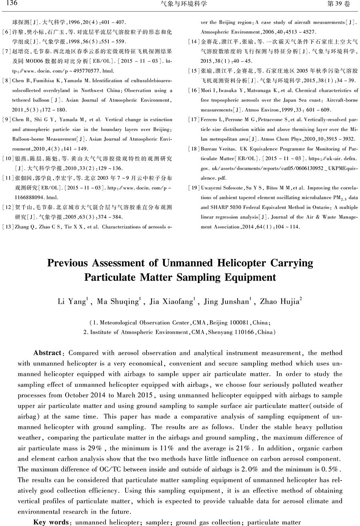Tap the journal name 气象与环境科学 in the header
click(180, 4)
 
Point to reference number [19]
click(194, 187)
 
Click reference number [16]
click(194, 91)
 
